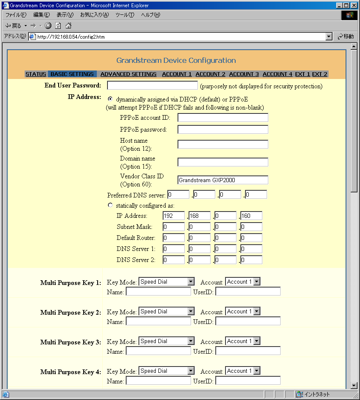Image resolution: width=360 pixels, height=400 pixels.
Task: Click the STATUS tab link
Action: pos(36,74)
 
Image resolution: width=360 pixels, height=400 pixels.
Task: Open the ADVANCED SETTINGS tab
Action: pos(128,74)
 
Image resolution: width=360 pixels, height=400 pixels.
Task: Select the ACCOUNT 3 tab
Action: pos(244,74)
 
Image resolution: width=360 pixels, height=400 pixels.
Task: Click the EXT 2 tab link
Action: pos(320,74)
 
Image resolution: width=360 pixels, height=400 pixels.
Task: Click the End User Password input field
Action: pos(152,86)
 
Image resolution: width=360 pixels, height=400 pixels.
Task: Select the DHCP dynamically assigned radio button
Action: pos(110,99)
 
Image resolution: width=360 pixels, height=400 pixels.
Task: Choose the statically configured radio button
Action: pos(110,205)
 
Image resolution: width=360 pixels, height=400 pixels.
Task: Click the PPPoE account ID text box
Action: pos(223,118)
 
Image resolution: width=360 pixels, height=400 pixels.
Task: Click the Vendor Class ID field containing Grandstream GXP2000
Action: pos(223,180)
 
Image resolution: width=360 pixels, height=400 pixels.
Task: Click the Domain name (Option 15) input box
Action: pos(223,162)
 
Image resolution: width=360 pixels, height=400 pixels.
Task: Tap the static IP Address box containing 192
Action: pos(174,216)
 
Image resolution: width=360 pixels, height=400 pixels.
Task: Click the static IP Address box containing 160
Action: pos(251,216)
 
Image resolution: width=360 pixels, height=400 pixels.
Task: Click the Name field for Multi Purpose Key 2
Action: pos(158,321)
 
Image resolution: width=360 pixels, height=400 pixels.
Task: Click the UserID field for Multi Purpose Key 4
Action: pos(248,381)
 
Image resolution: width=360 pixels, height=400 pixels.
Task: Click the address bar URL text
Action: pos(71,37)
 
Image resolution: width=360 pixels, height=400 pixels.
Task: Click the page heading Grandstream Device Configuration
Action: pos(176,60)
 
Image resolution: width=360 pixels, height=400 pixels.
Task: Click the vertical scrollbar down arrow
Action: pos(354,386)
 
